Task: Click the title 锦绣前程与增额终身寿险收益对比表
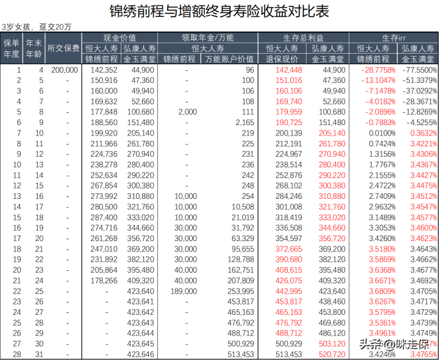(219, 11)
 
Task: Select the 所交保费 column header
(63, 48)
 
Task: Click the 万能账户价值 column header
(230, 59)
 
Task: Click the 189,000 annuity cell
(184, 291)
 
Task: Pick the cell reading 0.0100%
(378, 132)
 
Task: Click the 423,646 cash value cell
(141, 354)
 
